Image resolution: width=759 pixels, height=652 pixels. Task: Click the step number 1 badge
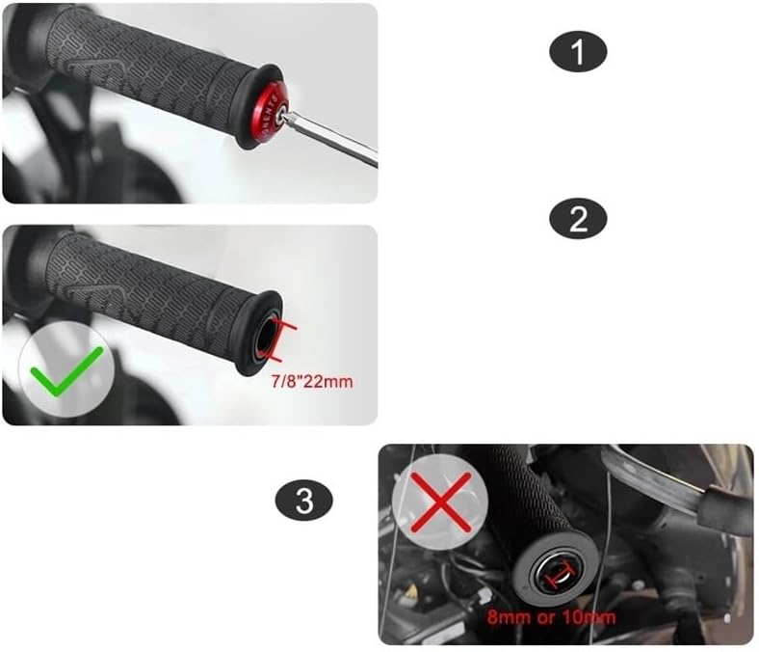pos(578,52)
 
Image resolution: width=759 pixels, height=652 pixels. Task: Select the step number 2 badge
pos(578,219)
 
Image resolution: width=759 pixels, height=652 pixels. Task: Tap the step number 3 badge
pos(305,501)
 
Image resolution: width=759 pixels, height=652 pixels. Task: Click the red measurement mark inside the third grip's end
pos(556,577)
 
